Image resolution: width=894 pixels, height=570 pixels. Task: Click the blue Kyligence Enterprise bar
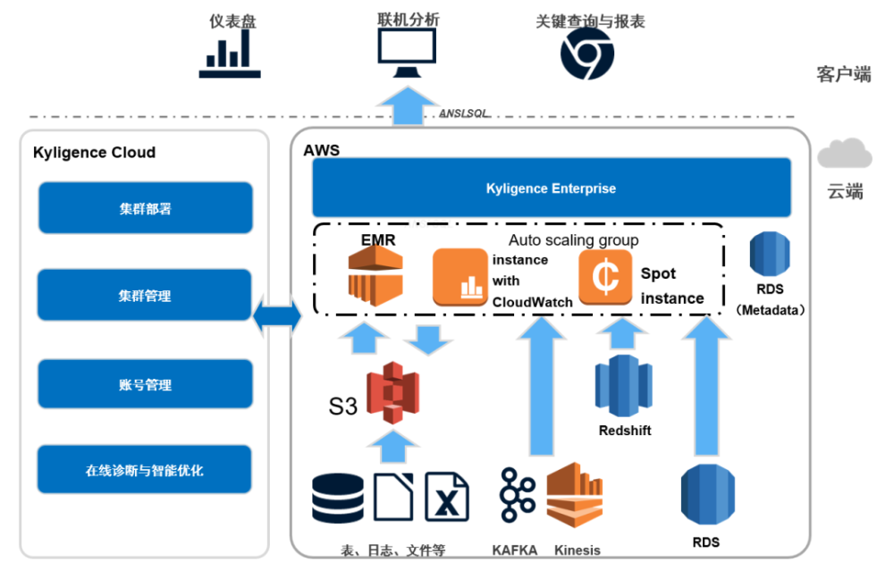point(551,189)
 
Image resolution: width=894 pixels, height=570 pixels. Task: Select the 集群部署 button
point(145,209)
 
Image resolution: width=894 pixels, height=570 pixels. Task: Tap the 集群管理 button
point(145,296)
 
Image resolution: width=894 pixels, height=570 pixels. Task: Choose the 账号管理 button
point(145,385)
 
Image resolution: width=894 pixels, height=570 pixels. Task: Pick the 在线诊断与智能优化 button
point(145,470)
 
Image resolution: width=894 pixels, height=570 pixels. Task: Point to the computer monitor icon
point(408,54)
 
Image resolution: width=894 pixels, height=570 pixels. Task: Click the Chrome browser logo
point(587,54)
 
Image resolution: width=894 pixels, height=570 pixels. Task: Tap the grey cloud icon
point(844,155)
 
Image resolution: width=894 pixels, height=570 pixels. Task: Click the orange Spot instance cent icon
point(605,278)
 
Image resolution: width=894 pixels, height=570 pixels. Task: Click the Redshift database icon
point(624,385)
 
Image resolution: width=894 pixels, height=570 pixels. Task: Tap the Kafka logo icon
point(517,497)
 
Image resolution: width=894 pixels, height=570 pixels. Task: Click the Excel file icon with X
point(447,497)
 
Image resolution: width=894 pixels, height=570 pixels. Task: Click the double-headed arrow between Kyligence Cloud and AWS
point(277,317)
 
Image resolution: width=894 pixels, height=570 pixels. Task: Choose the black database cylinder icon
point(339,498)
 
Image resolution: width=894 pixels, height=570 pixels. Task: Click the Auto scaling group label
point(573,239)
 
